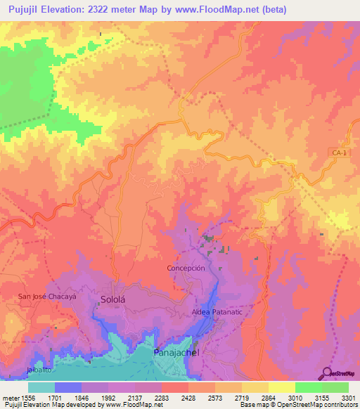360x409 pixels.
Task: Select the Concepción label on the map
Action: pyautogui.click(x=186, y=268)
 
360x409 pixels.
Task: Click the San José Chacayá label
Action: pyautogui.click(x=46, y=297)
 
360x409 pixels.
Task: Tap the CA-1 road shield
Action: pyautogui.click(x=340, y=152)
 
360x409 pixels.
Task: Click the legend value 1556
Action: pyautogui.click(x=27, y=397)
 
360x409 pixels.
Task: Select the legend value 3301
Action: pyautogui.click(x=348, y=397)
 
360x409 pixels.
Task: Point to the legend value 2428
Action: pyautogui.click(x=188, y=397)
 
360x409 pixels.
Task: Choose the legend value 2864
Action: pyautogui.click(x=268, y=397)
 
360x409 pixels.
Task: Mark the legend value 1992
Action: pyautogui.click(x=108, y=397)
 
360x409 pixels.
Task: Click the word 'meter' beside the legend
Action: pyautogui.click(x=10, y=397)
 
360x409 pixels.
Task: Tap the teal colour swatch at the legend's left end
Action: pyautogui.click(x=41, y=387)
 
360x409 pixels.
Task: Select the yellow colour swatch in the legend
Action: pyautogui.click(x=281, y=387)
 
